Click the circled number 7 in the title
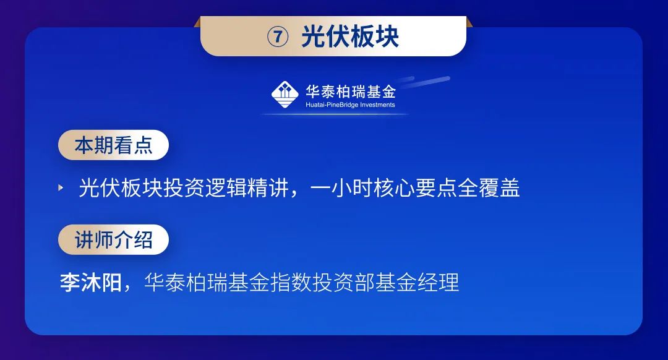point(278,36)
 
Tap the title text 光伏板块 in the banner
point(350,36)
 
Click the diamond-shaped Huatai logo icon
point(285,95)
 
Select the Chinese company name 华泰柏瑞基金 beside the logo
point(351,91)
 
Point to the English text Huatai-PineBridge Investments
point(350,105)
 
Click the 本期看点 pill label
point(113,145)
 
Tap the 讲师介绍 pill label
point(113,239)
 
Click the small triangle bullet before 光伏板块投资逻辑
point(61,187)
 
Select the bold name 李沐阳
point(91,283)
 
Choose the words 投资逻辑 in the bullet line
point(205,188)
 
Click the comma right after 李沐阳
point(127,288)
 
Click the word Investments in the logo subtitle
point(378,105)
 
